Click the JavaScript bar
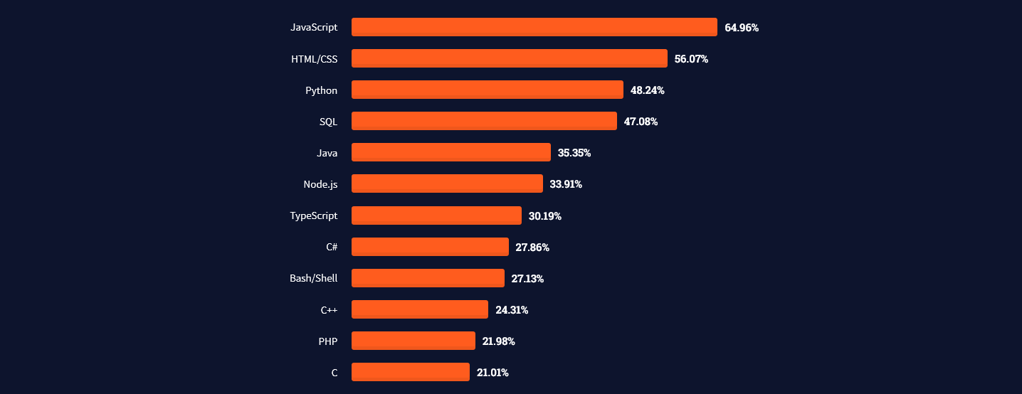click(534, 27)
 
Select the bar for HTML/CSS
click(509, 58)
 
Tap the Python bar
click(487, 90)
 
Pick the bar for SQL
click(484, 121)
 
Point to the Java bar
click(451, 152)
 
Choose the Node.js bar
click(447, 183)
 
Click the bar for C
click(410, 372)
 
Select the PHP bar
click(413, 341)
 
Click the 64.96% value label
click(742, 28)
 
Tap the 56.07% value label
click(691, 59)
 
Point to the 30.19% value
click(544, 215)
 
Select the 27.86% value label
click(532, 247)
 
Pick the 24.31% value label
click(512, 309)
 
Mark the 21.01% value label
click(492, 372)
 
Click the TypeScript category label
click(313, 215)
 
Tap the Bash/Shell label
click(313, 278)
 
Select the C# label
click(332, 247)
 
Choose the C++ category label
click(329, 309)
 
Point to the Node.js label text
click(320, 184)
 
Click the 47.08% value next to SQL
click(641, 122)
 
